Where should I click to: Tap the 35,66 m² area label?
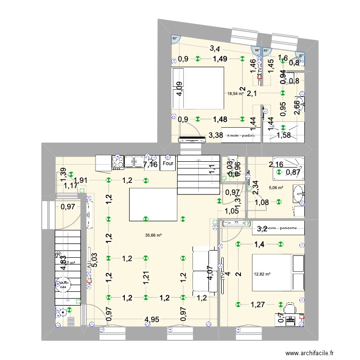click(154, 235)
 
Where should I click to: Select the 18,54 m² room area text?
click(236, 94)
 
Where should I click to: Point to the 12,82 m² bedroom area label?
click(263, 275)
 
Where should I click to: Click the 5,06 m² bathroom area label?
click(276, 188)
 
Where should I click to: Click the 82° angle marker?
click(175, 38)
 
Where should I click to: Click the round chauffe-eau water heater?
click(64, 285)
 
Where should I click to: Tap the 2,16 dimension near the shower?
click(276, 165)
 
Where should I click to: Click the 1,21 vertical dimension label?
click(146, 276)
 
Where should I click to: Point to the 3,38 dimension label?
click(216, 136)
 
